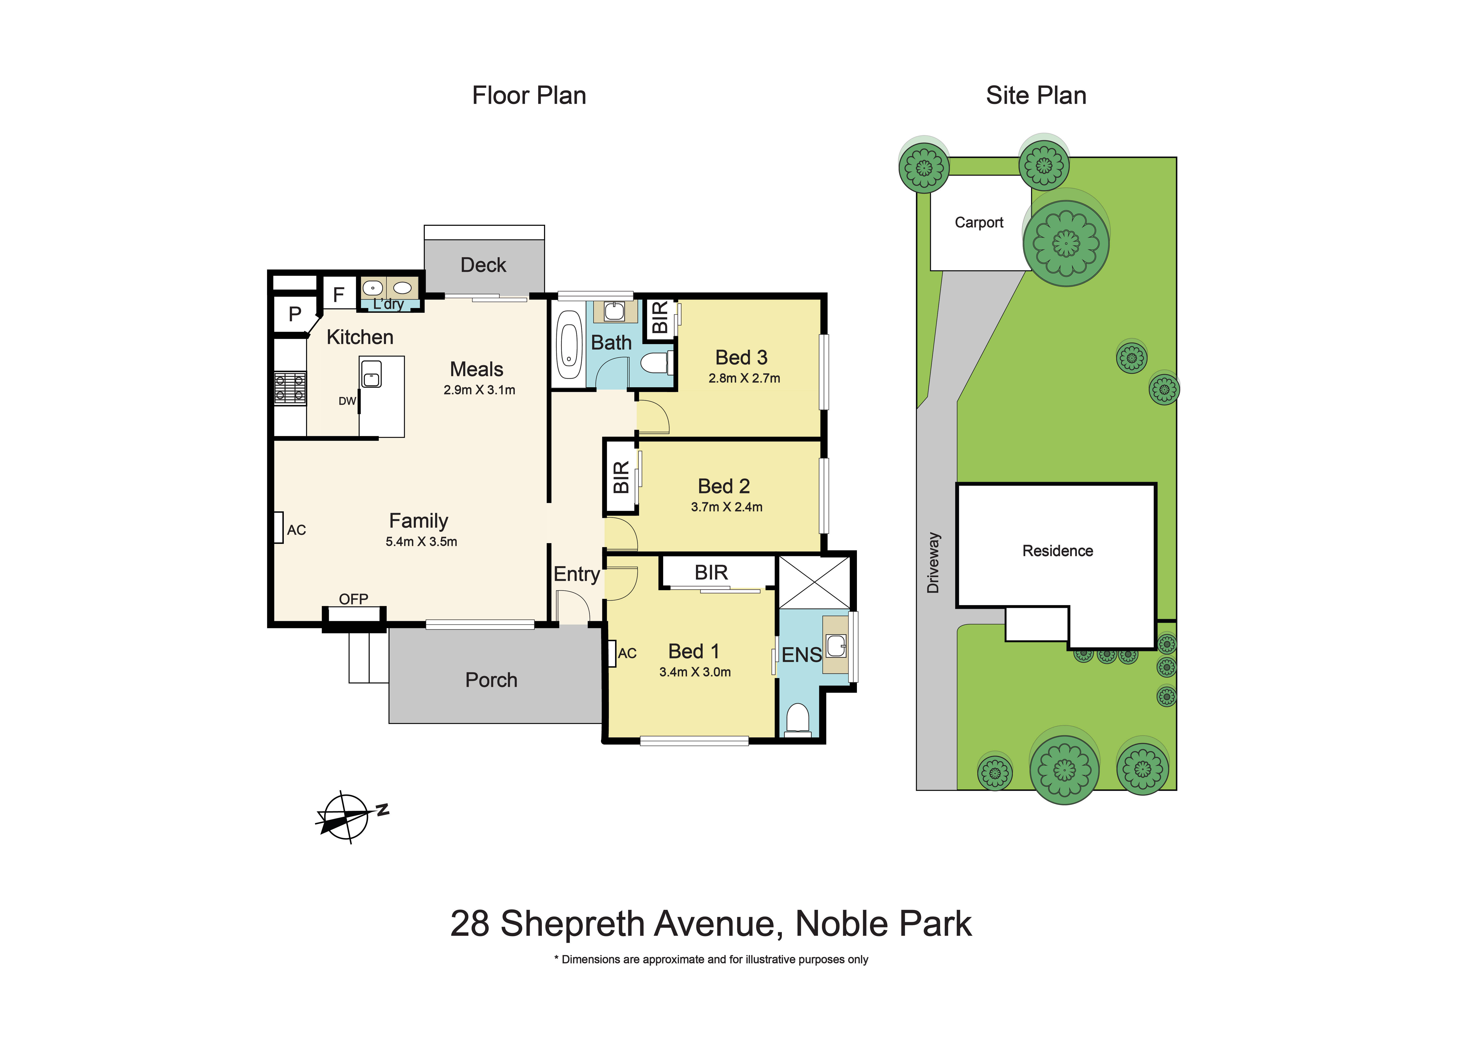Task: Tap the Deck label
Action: pyautogui.click(x=483, y=265)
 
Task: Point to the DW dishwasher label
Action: pyautogui.click(x=347, y=401)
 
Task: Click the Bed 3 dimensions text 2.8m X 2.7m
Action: pyautogui.click(x=744, y=379)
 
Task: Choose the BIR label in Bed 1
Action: pyautogui.click(x=711, y=573)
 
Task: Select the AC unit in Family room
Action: pyautogui.click(x=279, y=527)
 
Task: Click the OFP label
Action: pyautogui.click(x=353, y=599)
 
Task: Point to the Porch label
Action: pyautogui.click(x=491, y=680)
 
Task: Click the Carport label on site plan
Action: pyautogui.click(x=979, y=222)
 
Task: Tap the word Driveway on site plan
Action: pyautogui.click(x=933, y=562)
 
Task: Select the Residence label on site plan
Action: pyautogui.click(x=1057, y=550)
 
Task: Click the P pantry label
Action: pyautogui.click(x=295, y=314)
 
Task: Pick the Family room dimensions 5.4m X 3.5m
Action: pyautogui.click(x=421, y=542)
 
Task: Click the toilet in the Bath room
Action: pyautogui.click(x=656, y=363)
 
